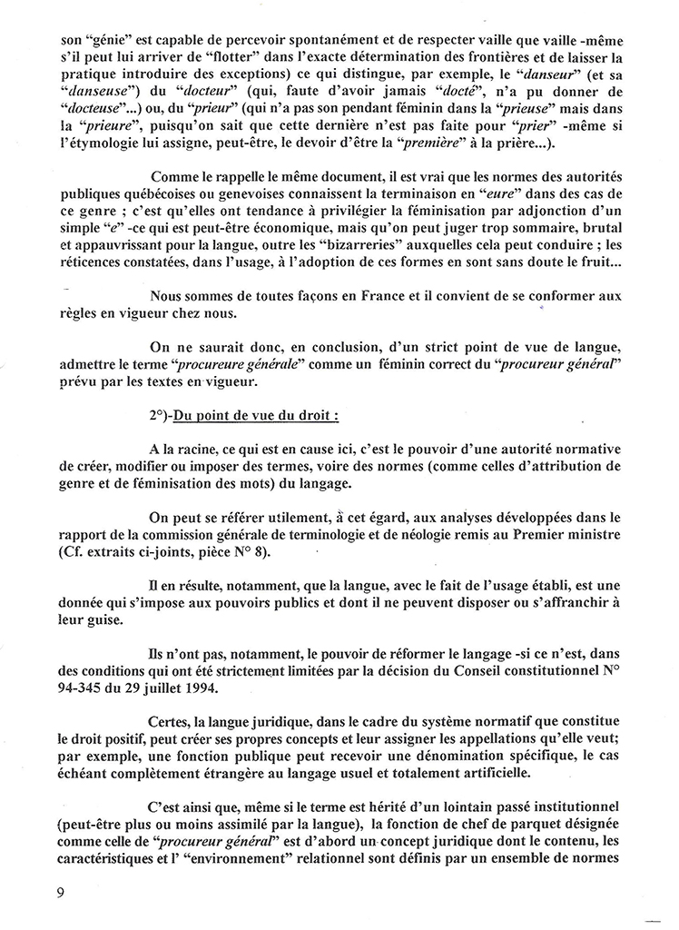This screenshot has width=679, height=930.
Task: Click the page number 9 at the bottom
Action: tap(59, 892)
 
